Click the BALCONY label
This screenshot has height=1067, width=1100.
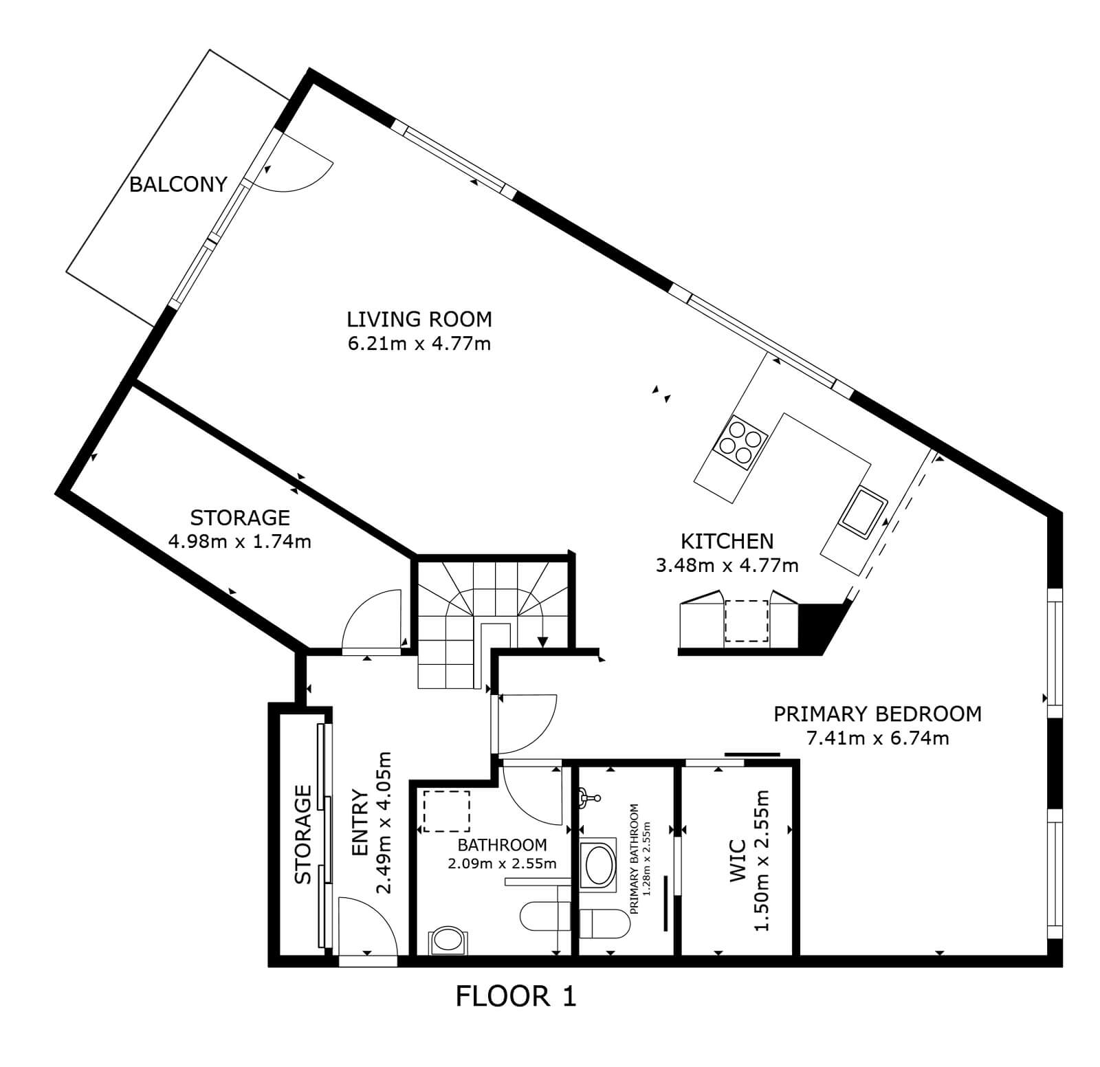click(x=178, y=184)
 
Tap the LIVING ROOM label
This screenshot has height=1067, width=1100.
click(x=419, y=319)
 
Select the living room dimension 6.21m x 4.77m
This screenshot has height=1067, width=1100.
click(x=419, y=343)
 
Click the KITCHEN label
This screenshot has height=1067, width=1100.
click(x=727, y=541)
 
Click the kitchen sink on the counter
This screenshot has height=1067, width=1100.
click(x=861, y=509)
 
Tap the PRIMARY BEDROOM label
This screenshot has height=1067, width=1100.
click(x=877, y=714)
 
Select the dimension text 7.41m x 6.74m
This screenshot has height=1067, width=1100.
click(x=877, y=738)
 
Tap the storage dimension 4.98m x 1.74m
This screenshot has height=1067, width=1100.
click(x=239, y=542)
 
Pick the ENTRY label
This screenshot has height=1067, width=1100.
click(x=361, y=824)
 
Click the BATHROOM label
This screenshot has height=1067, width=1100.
click(x=503, y=845)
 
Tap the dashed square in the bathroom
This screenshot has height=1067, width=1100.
click(x=446, y=811)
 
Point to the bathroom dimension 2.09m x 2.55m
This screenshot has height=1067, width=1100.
click(x=503, y=863)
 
